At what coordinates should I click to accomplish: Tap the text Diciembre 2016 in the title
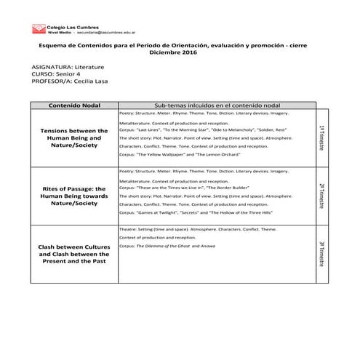tap(172, 53)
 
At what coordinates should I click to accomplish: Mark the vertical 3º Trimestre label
tap(321, 254)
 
